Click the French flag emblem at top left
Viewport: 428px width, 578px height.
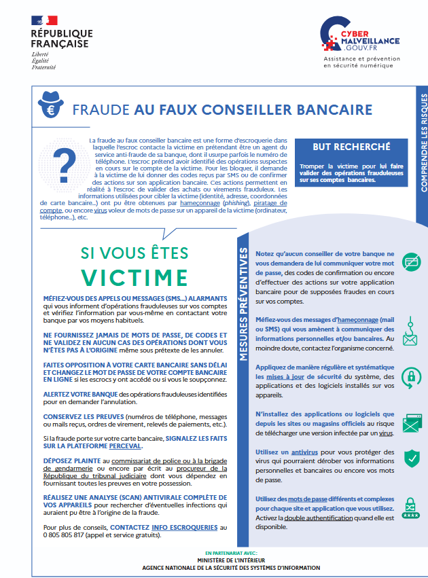pos(45,20)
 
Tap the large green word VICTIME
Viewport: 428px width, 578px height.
pos(135,277)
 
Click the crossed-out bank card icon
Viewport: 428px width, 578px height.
pos(412,261)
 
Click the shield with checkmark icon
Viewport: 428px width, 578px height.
pos(412,458)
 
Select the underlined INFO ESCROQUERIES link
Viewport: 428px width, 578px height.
pos(185,526)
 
